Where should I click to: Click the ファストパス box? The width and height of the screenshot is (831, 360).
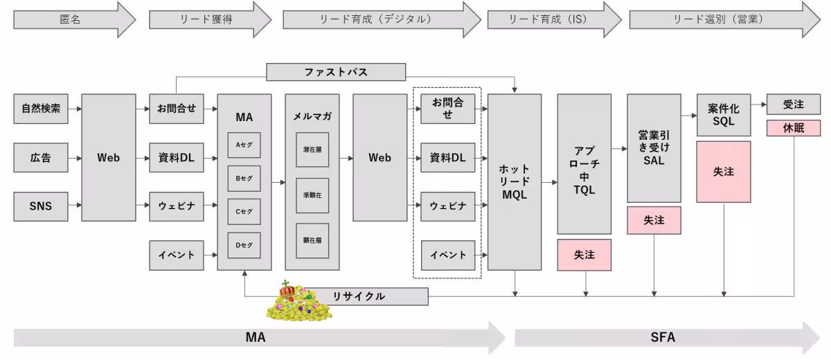(336, 72)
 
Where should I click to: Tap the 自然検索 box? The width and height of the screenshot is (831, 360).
(41, 109)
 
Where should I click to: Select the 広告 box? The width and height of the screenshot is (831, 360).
(41, 158)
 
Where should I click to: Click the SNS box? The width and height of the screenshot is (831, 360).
(41, 206)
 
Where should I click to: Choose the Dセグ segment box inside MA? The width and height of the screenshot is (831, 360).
(244, 245)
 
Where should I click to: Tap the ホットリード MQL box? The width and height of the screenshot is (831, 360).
(515, 181)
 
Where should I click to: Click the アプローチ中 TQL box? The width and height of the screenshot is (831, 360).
(584, 164)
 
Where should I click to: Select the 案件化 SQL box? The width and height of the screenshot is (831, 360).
(724, 115)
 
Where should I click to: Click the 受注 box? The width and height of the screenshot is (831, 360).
(793, 105)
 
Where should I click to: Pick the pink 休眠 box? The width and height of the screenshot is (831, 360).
(793, 128)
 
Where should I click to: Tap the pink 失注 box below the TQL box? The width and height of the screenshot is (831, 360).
(584, 255)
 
